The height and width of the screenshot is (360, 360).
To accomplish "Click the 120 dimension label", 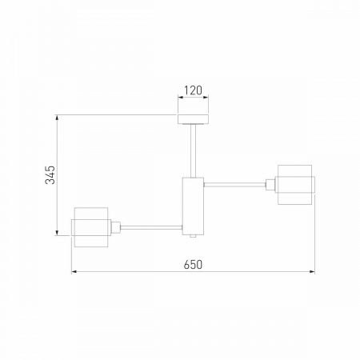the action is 193,90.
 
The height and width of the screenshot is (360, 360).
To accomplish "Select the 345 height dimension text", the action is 50,175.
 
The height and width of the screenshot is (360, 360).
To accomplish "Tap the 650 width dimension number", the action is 193,265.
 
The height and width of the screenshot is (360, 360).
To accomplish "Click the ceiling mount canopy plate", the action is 194,119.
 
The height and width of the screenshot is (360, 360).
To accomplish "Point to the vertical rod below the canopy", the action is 194,151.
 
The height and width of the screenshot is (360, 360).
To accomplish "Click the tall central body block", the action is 193,206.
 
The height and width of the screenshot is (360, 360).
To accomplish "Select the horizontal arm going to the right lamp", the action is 235,185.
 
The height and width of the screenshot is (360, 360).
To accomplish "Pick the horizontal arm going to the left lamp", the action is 151,227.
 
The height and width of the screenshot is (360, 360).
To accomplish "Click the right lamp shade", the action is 294,185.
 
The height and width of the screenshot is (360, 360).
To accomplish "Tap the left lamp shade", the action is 91,227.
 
